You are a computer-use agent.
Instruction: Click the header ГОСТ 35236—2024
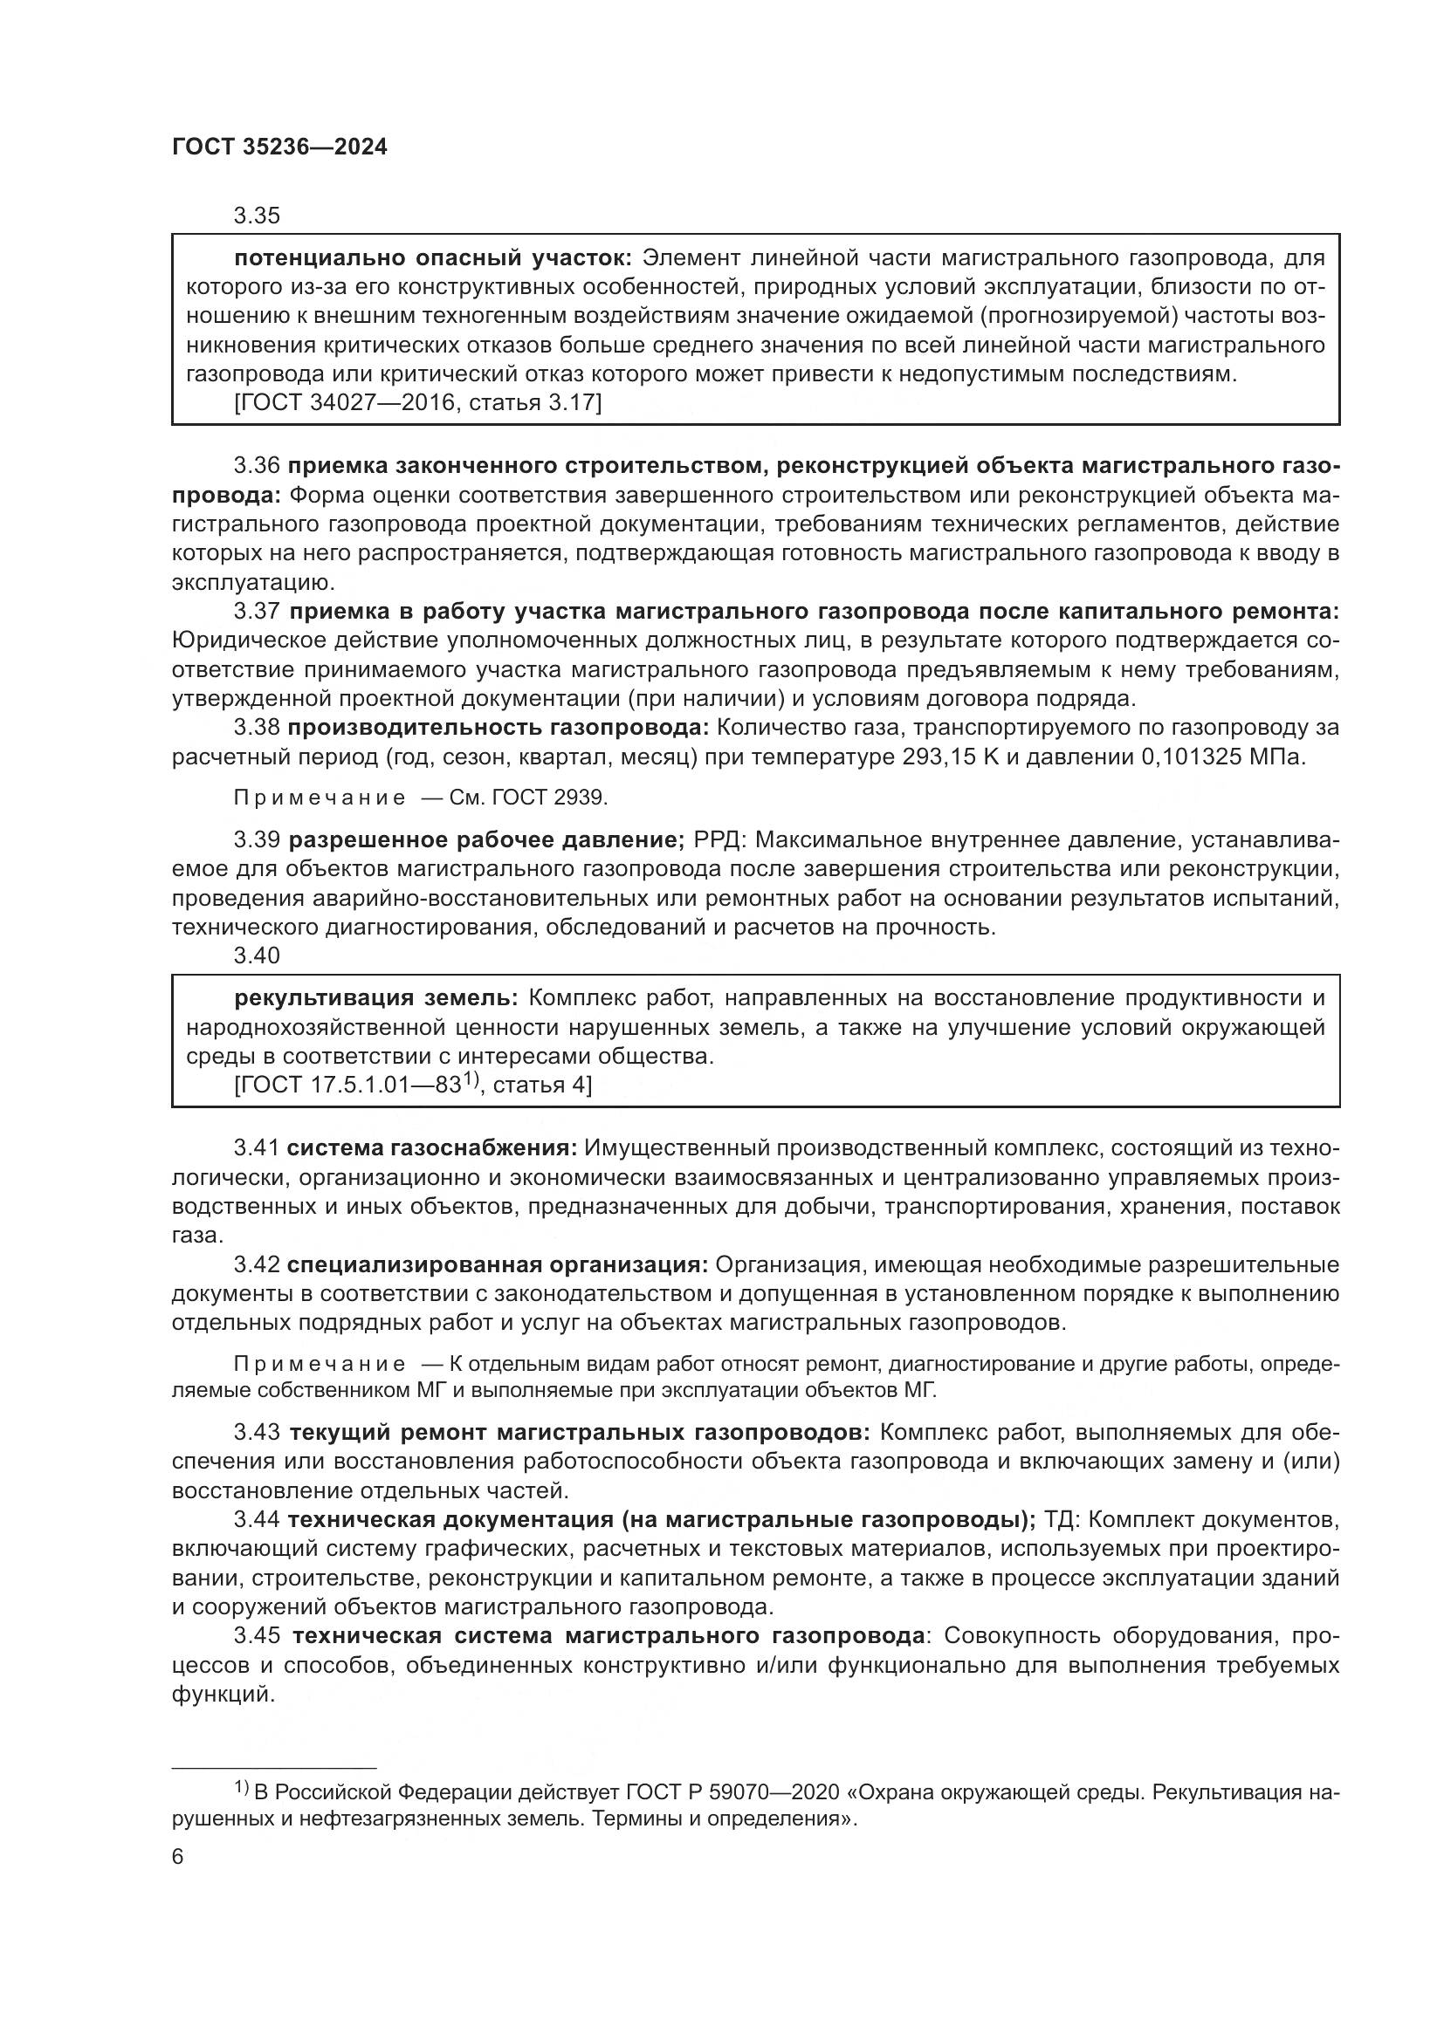[x=279, y=147]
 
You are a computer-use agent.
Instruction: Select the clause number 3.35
[x=257, y=216]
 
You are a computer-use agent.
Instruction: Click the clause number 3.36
[x=257, y=466]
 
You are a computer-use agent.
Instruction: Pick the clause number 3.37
[x=257, y=611]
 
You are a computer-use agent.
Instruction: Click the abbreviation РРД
[x=719, y=839]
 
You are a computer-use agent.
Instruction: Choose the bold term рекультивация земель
[x=377, y=998]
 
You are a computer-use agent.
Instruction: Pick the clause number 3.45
[x=257, y=1635]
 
